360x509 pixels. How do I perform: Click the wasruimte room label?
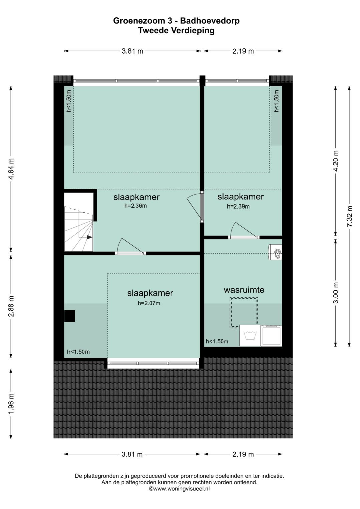(244, 290)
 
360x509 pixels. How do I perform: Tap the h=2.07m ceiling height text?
(149, 303)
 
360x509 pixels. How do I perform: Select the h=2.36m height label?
(135, 206)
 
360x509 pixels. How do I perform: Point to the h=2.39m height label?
(238, 206)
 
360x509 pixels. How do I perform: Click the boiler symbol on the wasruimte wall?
(275, 252)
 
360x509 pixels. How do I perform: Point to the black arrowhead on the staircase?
(90, 237)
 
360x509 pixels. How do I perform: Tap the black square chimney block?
(69, 316)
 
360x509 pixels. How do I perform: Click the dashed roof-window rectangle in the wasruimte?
(244, 313)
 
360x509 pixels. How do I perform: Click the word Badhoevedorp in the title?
(210, 21)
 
